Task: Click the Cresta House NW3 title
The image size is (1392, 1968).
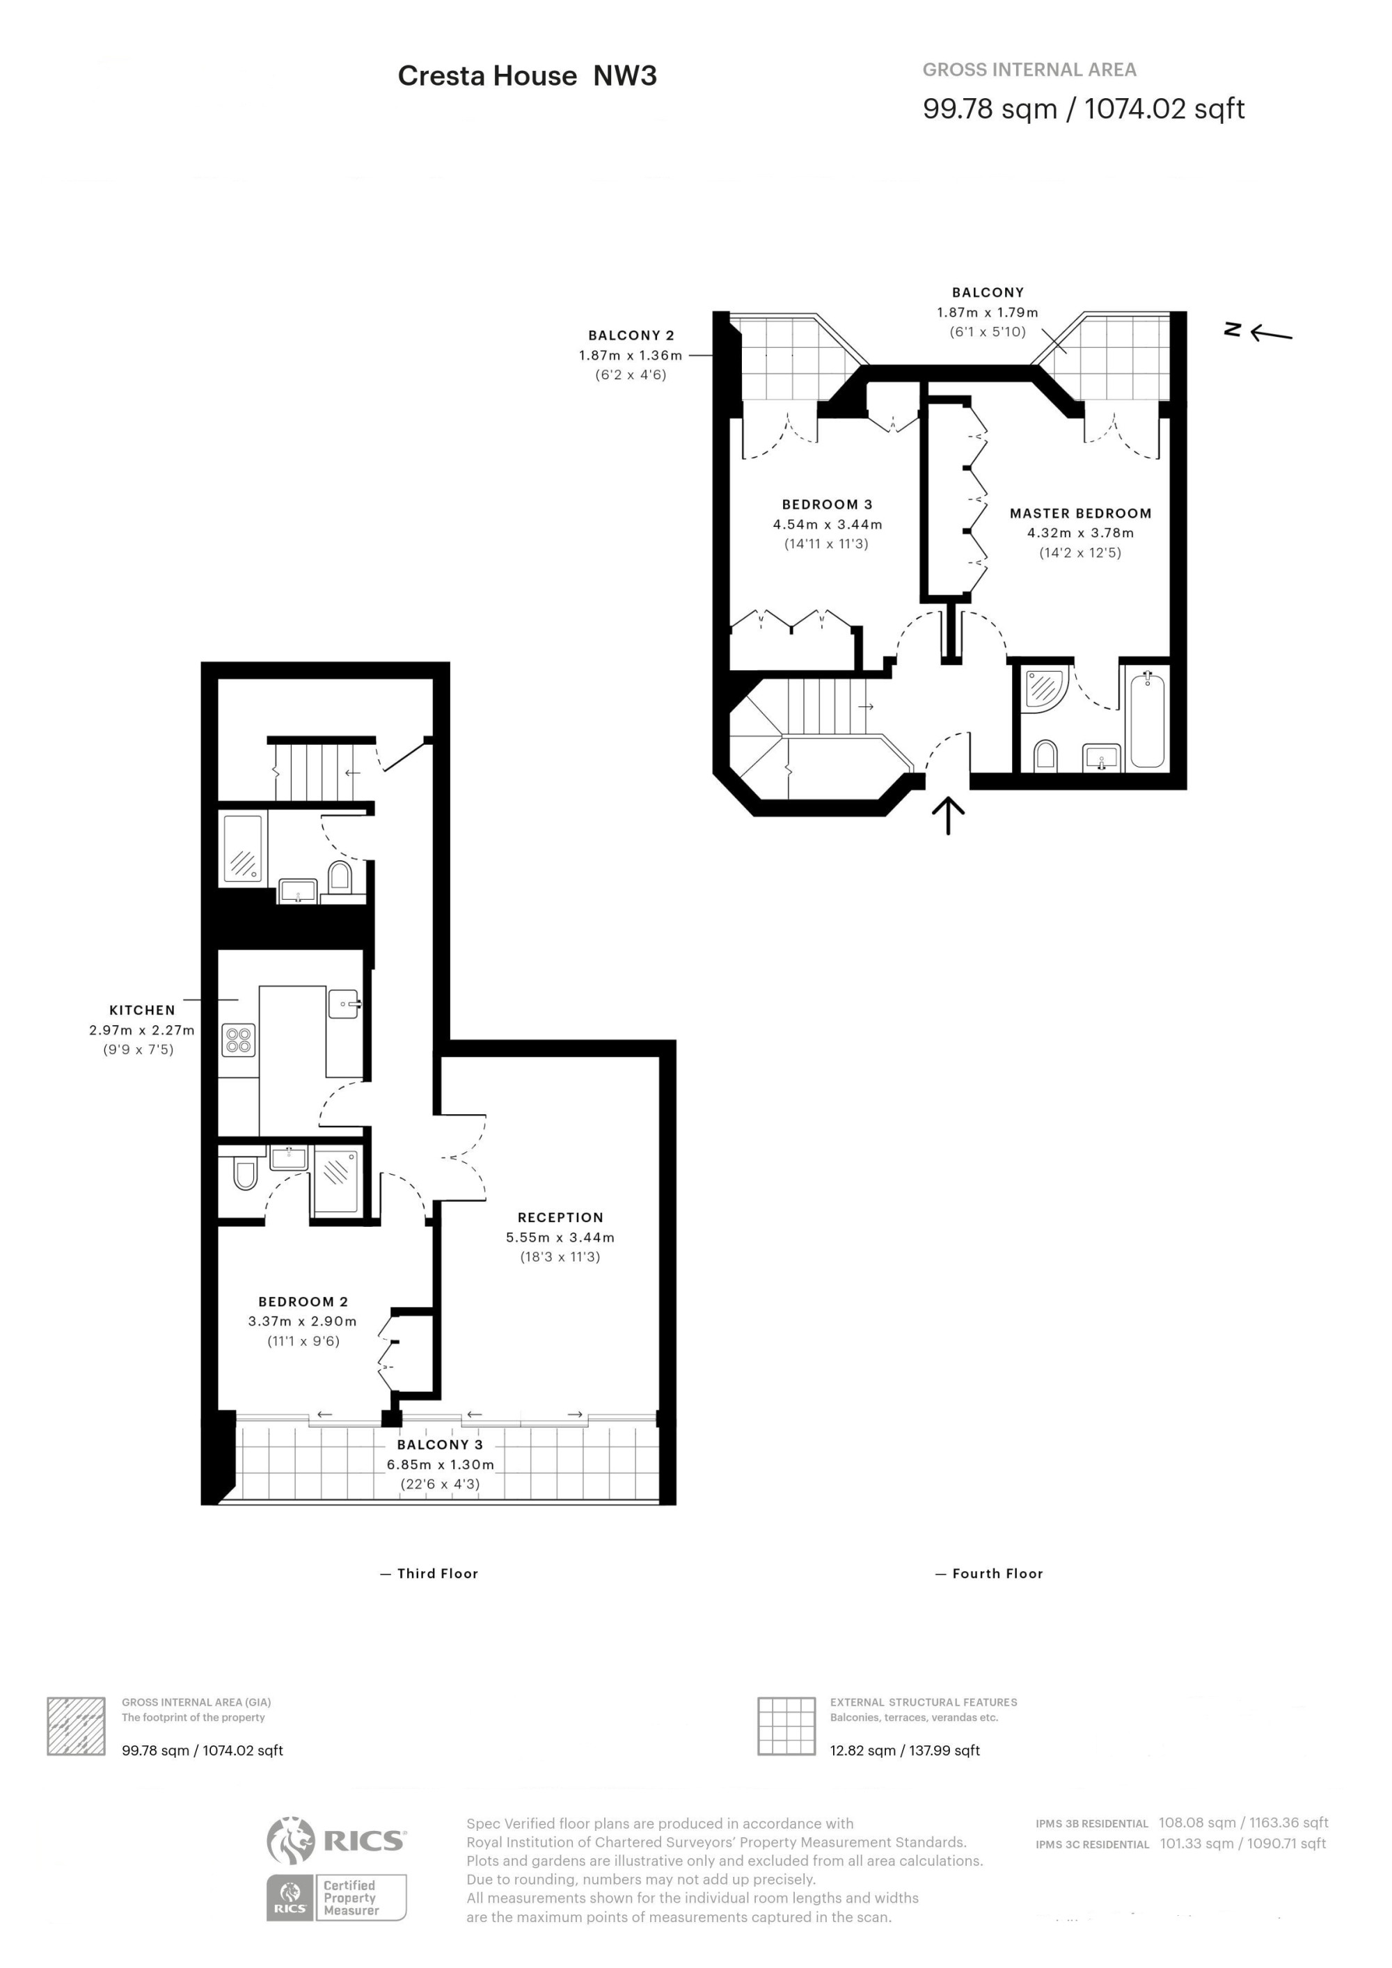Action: (x=527, y=77)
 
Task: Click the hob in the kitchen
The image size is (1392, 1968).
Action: (x=238, y=1040)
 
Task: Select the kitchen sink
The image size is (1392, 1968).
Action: (x=344, y=1003)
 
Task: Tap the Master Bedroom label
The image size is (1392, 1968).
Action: (x=1080, y=514)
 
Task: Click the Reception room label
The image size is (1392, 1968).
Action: (x=560, y=1217)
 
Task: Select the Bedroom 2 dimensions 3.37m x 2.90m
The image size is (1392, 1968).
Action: (x=303, y=1321)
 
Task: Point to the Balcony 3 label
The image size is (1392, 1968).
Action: (x=440, y=1444)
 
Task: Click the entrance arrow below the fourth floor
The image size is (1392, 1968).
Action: (x=948, y=815)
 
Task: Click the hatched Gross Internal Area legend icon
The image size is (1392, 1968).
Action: (x=77, y=1725)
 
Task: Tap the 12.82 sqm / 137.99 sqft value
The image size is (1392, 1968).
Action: (x=904, y=1750)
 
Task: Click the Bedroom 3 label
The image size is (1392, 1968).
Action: (x=827, y=505)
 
